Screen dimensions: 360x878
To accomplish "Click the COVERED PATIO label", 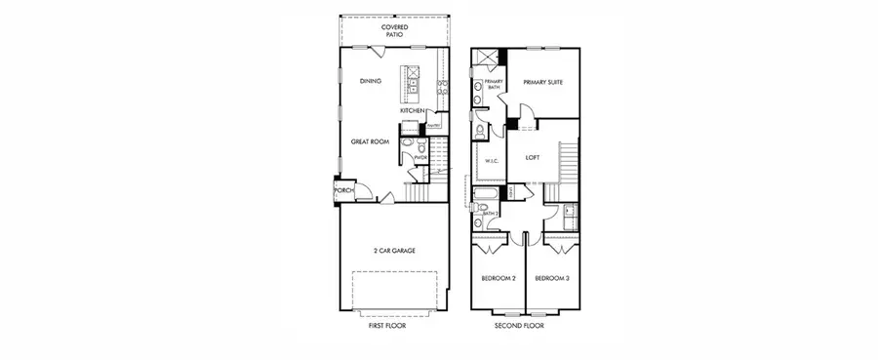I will coord(394,29).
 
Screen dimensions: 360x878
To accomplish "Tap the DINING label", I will coord(370,81).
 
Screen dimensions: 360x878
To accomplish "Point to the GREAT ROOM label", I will coord(371,141).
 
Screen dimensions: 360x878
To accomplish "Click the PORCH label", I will coord(344,191).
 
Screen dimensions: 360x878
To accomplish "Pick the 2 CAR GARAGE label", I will coord(394,251).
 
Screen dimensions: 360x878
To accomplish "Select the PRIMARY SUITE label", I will coord(542,83).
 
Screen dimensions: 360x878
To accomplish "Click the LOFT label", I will coord(532,157).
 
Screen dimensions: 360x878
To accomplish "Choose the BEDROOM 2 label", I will coord(499,279).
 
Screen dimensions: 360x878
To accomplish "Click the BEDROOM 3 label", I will coord(552,279).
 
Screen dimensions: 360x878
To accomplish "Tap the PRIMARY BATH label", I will coord(493,85).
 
